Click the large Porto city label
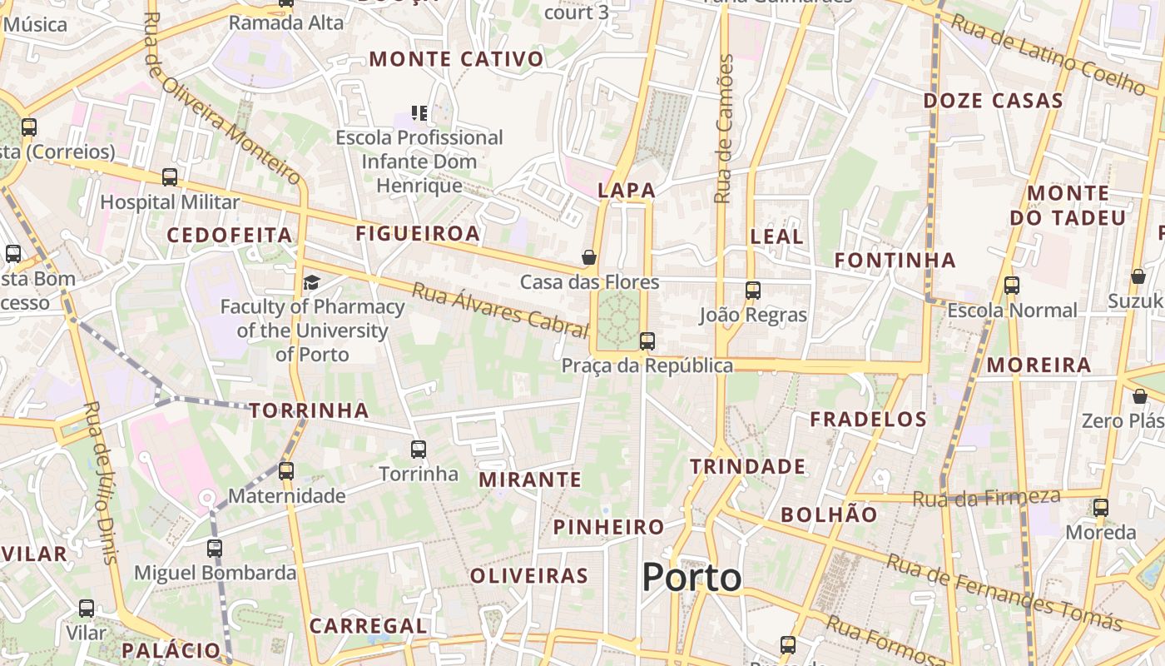tap(692, 578)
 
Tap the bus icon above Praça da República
tap(647, 341)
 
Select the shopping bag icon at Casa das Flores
tap(589, 257)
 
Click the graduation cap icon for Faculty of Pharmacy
tap(311, 283)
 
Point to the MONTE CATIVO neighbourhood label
tap(456, 59)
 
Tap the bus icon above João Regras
tap(753, 291)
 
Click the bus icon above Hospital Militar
tap(170, 177)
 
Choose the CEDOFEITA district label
tap(230, 235)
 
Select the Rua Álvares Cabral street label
tap(500, 308)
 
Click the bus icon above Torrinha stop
tap(419, 450)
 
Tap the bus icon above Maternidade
tap(286, 471)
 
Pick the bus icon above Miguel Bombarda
tap(215, 549)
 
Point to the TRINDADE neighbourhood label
tap(747, 466)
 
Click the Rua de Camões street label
tap(724, 129)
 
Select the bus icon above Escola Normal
tap(1012, 286)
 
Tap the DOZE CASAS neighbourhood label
tap(993, 102)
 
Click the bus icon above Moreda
tap(1101, 507)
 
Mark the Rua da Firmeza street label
tap(986, 498)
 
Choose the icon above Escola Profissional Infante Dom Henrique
tap(419, 112)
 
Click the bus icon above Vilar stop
tap(87, 609)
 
